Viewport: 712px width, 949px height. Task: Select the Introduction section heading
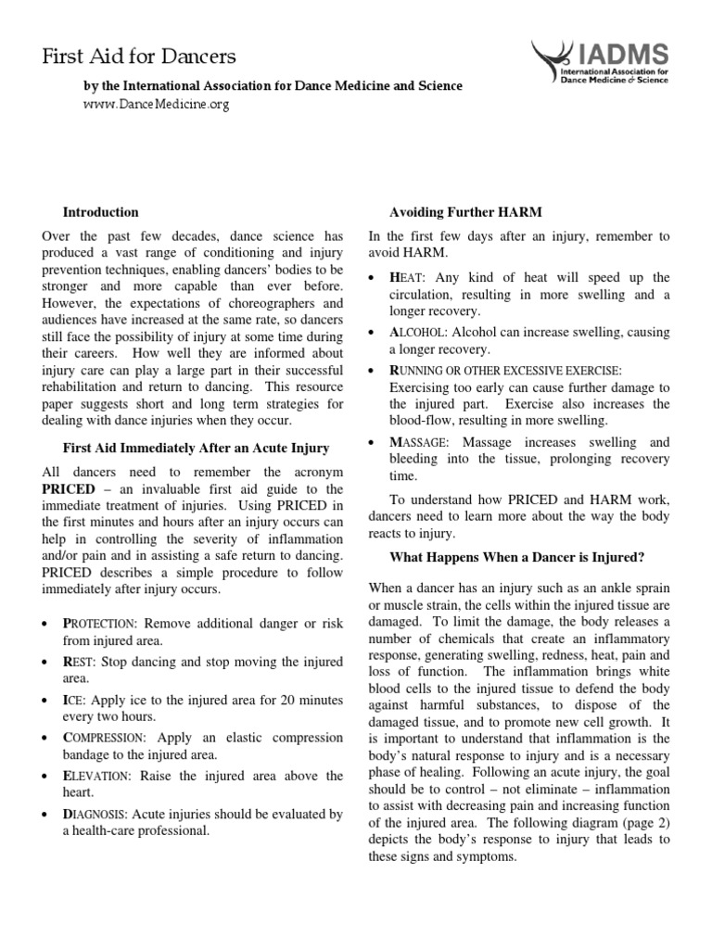pos(100,212)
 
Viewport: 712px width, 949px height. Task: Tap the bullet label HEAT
pos(405,277)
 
